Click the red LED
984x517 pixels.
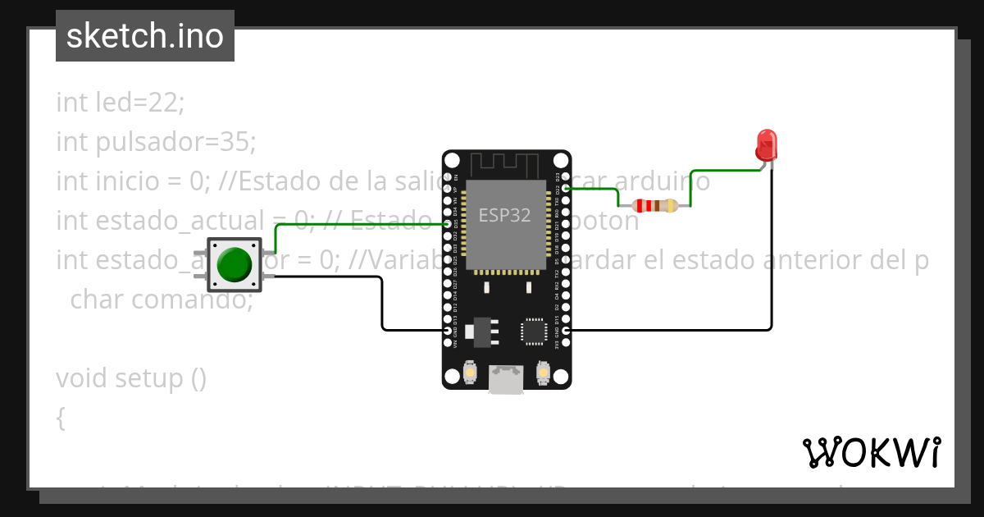(766, 145)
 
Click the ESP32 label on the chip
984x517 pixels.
(505, 215)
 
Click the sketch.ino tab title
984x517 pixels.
(145, 36)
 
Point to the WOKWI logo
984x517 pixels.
(871, 452)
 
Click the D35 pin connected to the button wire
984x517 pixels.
(447, 223)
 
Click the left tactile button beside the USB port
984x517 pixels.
(471, 373)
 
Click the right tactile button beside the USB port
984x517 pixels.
(542, 373)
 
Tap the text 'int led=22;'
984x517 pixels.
(121, 103)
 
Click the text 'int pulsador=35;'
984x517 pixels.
(156, 142)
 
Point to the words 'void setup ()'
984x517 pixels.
(131, 378)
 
